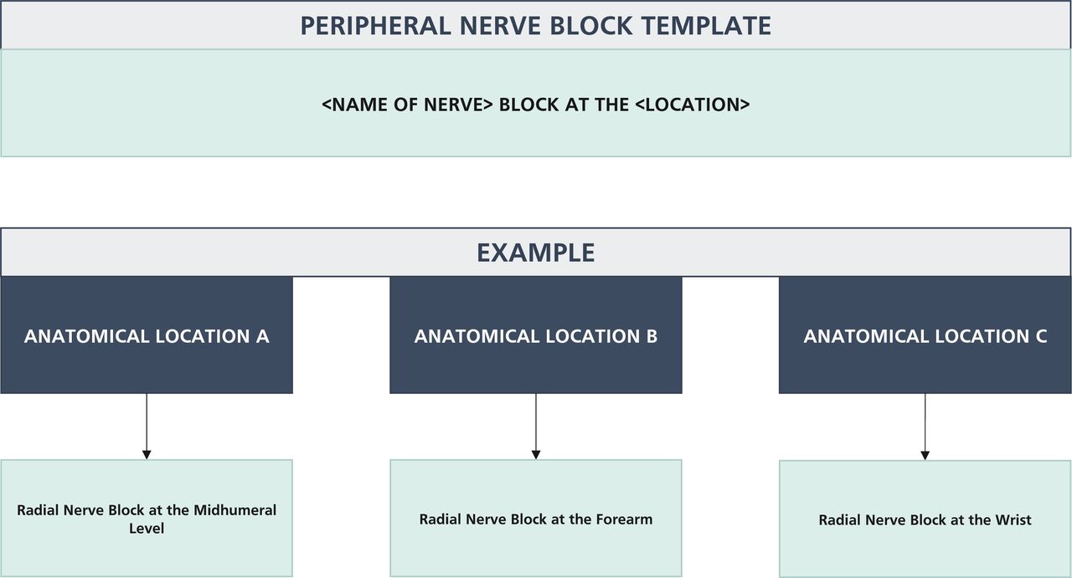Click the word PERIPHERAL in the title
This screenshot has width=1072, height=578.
[x=375, y=25]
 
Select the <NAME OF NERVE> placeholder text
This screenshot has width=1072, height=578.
[x=407, y=105]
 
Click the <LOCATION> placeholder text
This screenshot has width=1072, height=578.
[x=693, y=105]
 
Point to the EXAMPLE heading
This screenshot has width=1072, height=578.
[x=535, y=253]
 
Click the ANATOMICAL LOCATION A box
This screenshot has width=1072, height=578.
[x=147, y=335]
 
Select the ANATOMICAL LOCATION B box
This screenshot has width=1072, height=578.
[x=535, y=335]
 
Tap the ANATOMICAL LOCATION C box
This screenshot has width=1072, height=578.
[x=925, y=335]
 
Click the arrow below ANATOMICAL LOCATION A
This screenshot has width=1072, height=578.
[x=147, y=426]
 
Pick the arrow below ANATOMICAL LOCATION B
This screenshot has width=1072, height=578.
[x=536, y=426]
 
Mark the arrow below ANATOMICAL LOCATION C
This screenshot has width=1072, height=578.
[x=925, y=427]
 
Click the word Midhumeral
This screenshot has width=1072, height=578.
[x=234, y=510]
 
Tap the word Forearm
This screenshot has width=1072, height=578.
[x=624, y=519]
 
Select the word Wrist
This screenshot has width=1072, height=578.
[x=1013, y=519]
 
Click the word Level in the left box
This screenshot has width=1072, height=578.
[x=147, y=529]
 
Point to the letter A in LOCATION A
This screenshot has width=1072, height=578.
[x=262, y=336]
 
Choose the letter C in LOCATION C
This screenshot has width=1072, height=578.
[x=1041, y=336]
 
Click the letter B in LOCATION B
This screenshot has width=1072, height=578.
[x=652, y=336]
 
